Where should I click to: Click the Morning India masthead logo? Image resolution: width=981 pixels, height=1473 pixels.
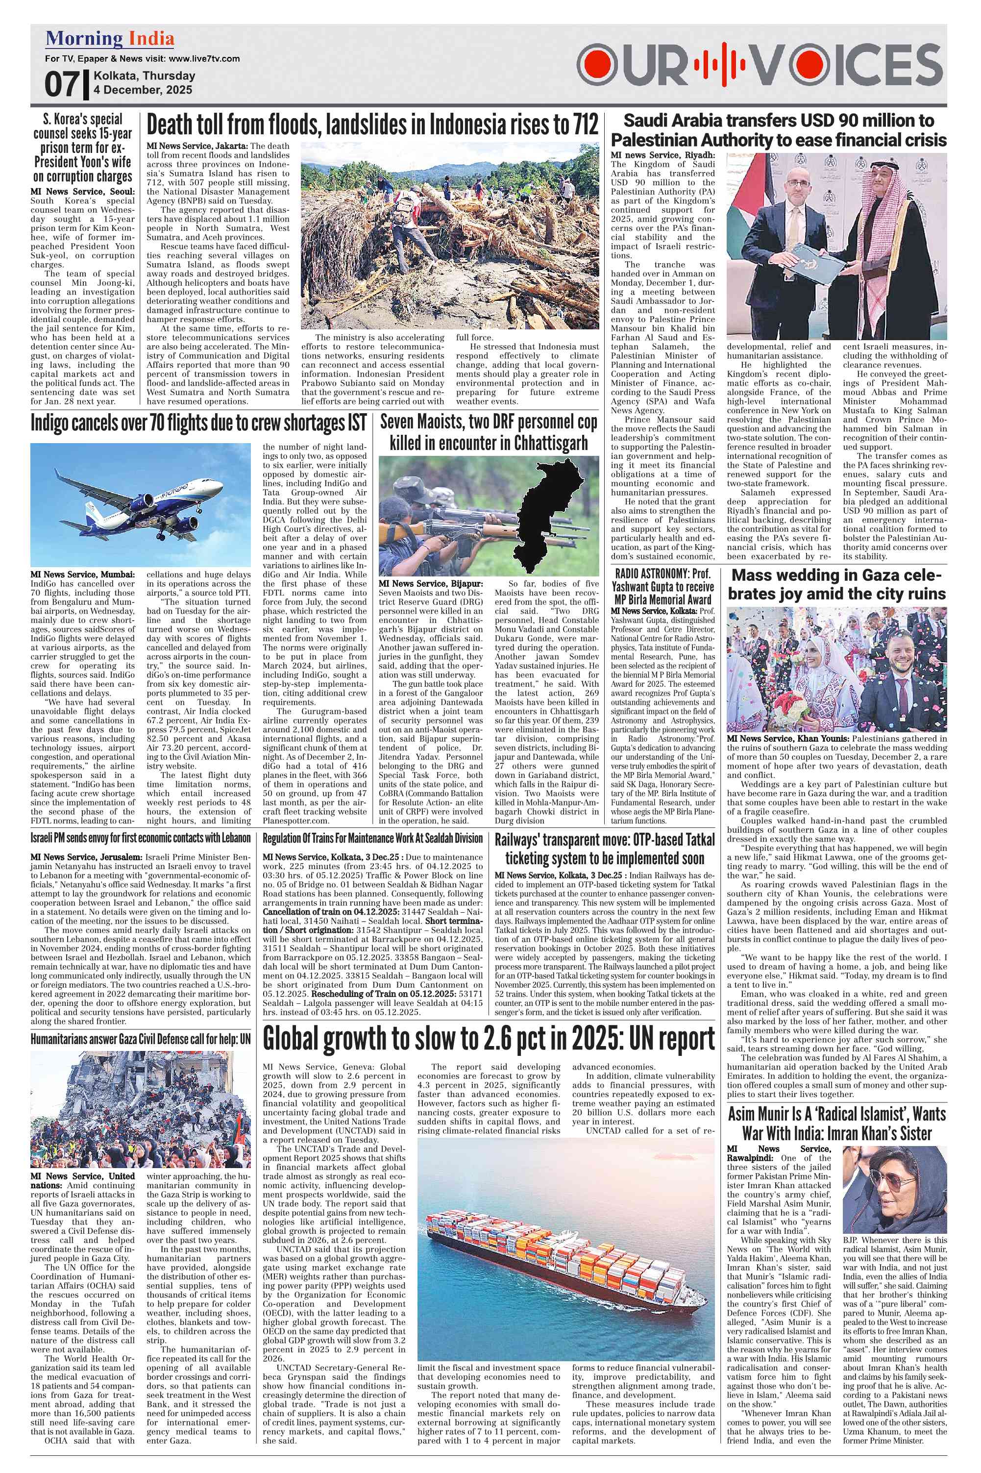click(x=109, y=39)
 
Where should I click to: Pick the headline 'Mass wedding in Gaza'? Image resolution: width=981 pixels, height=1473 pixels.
click(x=836, y=584)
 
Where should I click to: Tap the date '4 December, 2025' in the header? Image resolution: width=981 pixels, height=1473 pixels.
click(x=143, y=90)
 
